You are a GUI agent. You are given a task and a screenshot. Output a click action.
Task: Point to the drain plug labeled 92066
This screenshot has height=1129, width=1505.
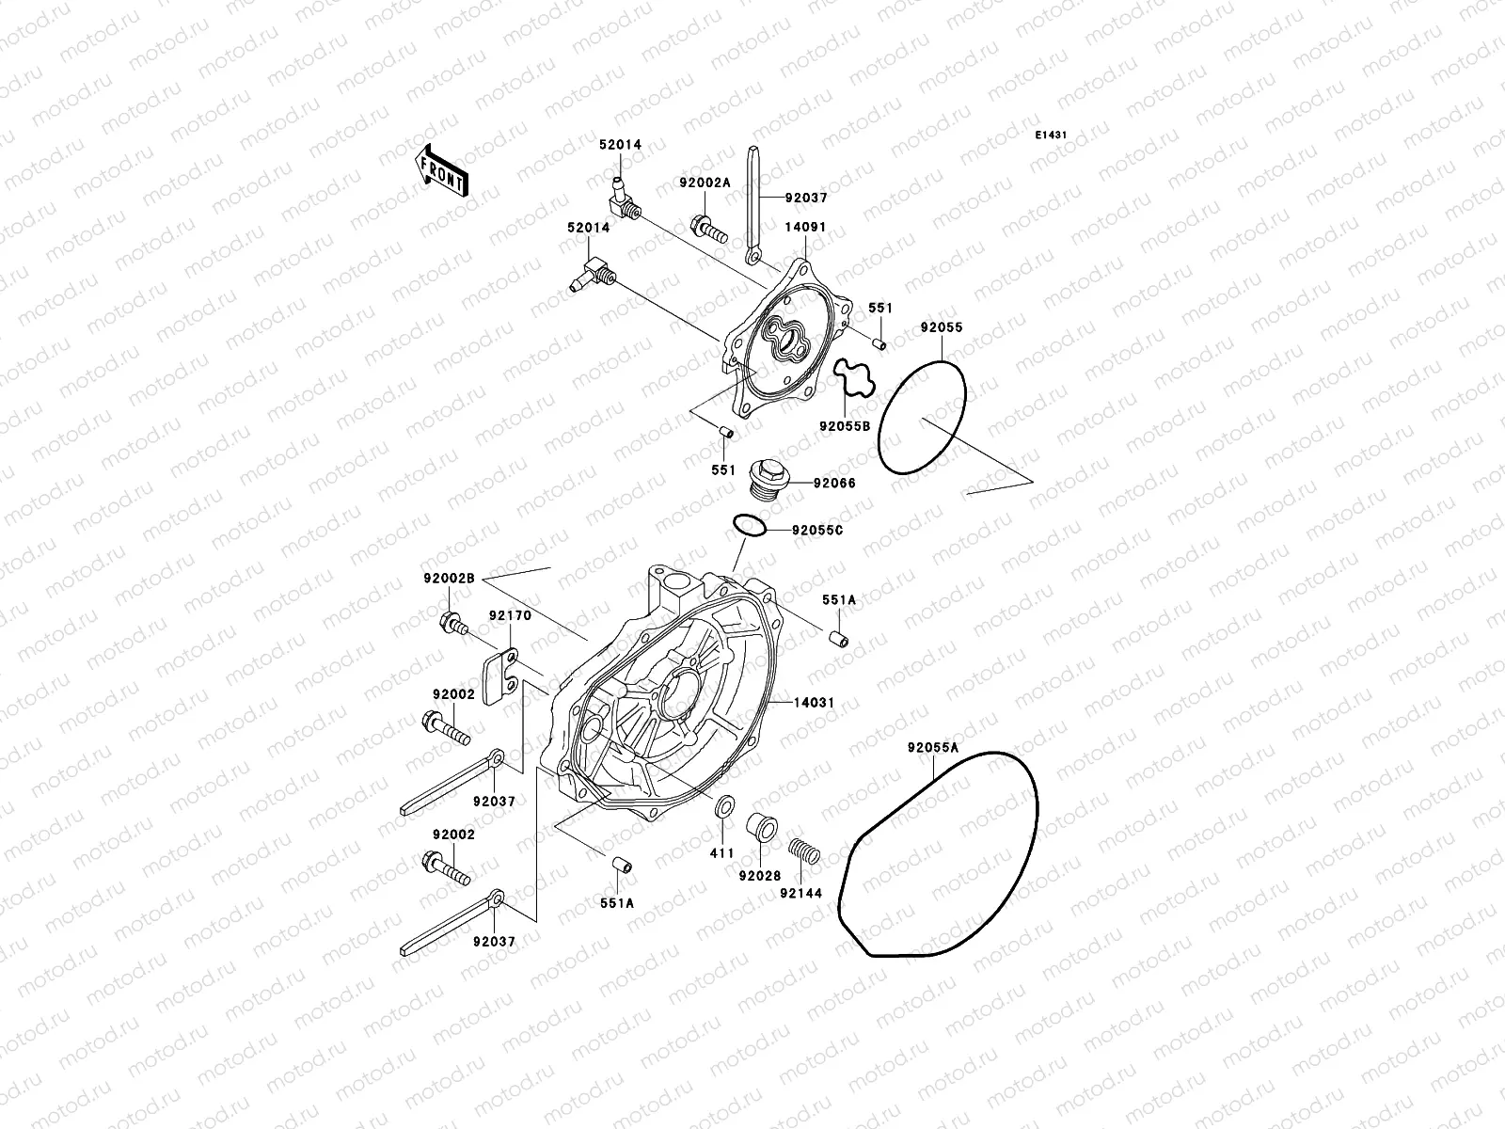pyautogui.click(x=764, y=476)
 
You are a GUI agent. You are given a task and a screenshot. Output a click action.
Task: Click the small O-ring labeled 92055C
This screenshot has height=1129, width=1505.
pyautogui.click(x=749, y=526)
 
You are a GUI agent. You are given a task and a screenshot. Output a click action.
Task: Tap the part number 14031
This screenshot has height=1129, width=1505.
pyautogui.click(x=814, y=702)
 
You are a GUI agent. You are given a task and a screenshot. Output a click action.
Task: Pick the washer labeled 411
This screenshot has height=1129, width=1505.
pyautogui.click(x=723, y=809)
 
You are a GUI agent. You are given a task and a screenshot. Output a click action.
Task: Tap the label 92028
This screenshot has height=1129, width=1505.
pyautogui.click(x=759, y=876)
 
